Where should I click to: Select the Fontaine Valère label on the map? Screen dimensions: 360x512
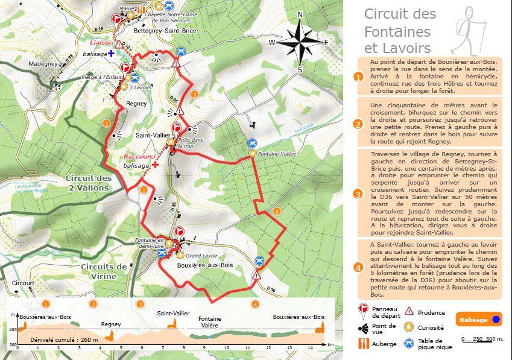[x=277, y=154]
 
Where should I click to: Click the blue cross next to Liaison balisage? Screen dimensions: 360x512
[x=112, y=54]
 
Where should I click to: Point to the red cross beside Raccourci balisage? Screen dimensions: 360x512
[x=155, y=164]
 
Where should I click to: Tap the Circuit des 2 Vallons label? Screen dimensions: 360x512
[x=88, y=183]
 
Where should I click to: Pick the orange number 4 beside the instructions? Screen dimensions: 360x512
[x=358, y=268]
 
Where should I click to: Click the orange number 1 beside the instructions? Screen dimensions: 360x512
[x=358, y=77]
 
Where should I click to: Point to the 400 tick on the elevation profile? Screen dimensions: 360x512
[x=12, y=329]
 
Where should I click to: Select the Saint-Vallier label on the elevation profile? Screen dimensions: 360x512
[x=174, y=314]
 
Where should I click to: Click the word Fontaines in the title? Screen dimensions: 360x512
[x=397, y=31]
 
